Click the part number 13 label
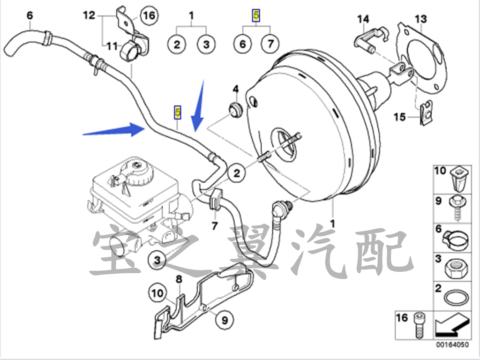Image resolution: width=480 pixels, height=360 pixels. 420,19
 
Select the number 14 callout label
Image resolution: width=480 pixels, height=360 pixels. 363,19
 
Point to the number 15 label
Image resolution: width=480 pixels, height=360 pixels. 399,117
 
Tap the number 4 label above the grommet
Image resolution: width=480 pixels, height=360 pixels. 236,89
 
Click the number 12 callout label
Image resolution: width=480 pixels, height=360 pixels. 89,15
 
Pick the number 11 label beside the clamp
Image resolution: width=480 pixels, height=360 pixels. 111,46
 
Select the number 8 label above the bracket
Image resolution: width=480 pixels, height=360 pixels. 178,280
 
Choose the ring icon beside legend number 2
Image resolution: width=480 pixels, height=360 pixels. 455,296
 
